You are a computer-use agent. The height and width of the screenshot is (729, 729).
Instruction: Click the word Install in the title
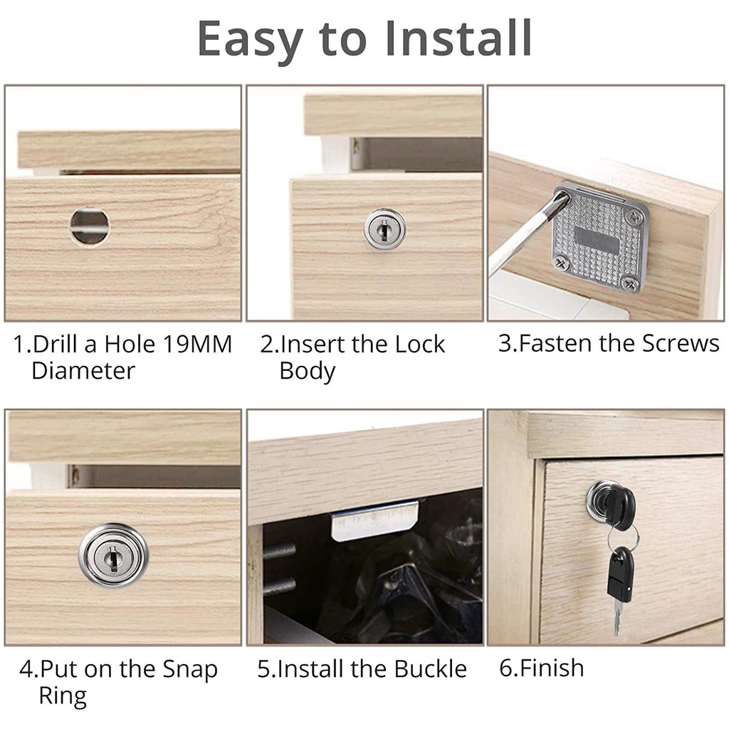point(458,38)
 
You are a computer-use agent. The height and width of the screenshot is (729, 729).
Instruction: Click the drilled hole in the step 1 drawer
point(90,226)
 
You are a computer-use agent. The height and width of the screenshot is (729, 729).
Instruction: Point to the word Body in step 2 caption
point(308,371)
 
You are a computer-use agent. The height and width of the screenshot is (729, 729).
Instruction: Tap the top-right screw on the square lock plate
point(633,216)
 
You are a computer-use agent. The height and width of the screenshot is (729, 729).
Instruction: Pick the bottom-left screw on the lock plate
point(562,263)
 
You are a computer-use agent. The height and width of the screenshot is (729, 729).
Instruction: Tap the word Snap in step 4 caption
point(189,670)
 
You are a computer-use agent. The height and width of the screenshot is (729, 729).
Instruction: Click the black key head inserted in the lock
point(622,505)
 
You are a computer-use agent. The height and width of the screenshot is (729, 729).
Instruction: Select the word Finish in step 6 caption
point(552,668)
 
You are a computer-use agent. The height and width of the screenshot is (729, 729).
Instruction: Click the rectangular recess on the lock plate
point(595,236)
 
